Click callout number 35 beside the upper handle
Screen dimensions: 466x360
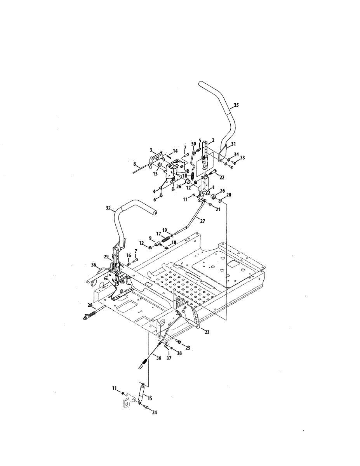coord(237,105)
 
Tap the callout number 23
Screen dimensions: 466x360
coord(207,332)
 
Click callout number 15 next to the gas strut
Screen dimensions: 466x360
coord(150,398)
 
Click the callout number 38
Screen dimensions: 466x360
coord(179,353)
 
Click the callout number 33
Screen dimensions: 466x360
coord(242,158)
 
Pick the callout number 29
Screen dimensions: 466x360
coord(106,257)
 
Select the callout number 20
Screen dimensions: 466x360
coord(229,195)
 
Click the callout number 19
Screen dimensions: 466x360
coord(165,230)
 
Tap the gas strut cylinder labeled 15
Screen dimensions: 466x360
coord(141,393)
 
